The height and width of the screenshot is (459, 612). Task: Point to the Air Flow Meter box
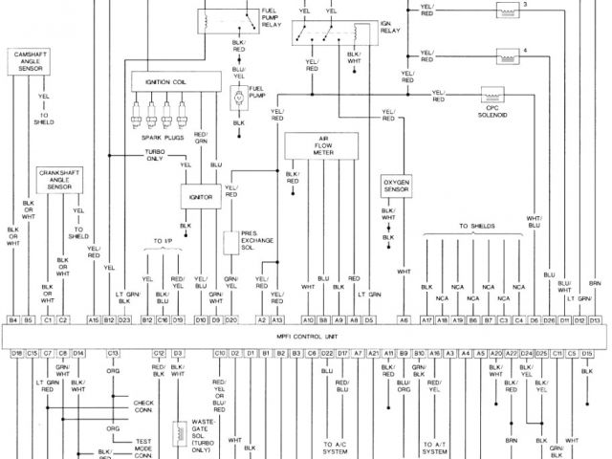point(325,146)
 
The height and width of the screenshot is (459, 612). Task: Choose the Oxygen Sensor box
point(396,185)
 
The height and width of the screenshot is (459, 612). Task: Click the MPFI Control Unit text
point(306,336)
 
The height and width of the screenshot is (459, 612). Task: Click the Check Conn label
point(143,405)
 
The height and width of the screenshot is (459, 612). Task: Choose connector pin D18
point(16,353)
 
